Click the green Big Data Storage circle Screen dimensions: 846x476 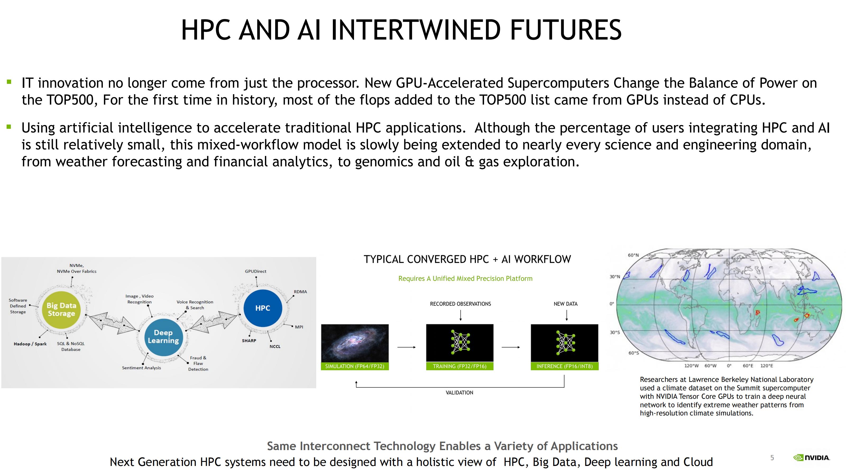61,309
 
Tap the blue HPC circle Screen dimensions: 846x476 263,308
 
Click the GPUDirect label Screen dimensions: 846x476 255,271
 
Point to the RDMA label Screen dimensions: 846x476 300,292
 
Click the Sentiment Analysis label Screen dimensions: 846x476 141,368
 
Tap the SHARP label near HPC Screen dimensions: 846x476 249,341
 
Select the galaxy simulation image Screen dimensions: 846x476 355,343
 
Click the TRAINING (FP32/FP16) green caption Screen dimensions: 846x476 460,366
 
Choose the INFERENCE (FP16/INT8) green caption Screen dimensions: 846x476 564,366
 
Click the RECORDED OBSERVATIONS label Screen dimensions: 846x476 461,304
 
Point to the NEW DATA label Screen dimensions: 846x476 565,304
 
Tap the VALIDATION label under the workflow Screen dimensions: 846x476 459,392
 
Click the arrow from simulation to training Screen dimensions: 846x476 407,347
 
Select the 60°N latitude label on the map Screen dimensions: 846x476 633,255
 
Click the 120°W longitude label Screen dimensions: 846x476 691,366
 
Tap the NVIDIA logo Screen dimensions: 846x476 812,457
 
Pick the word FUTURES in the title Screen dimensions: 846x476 566,30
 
